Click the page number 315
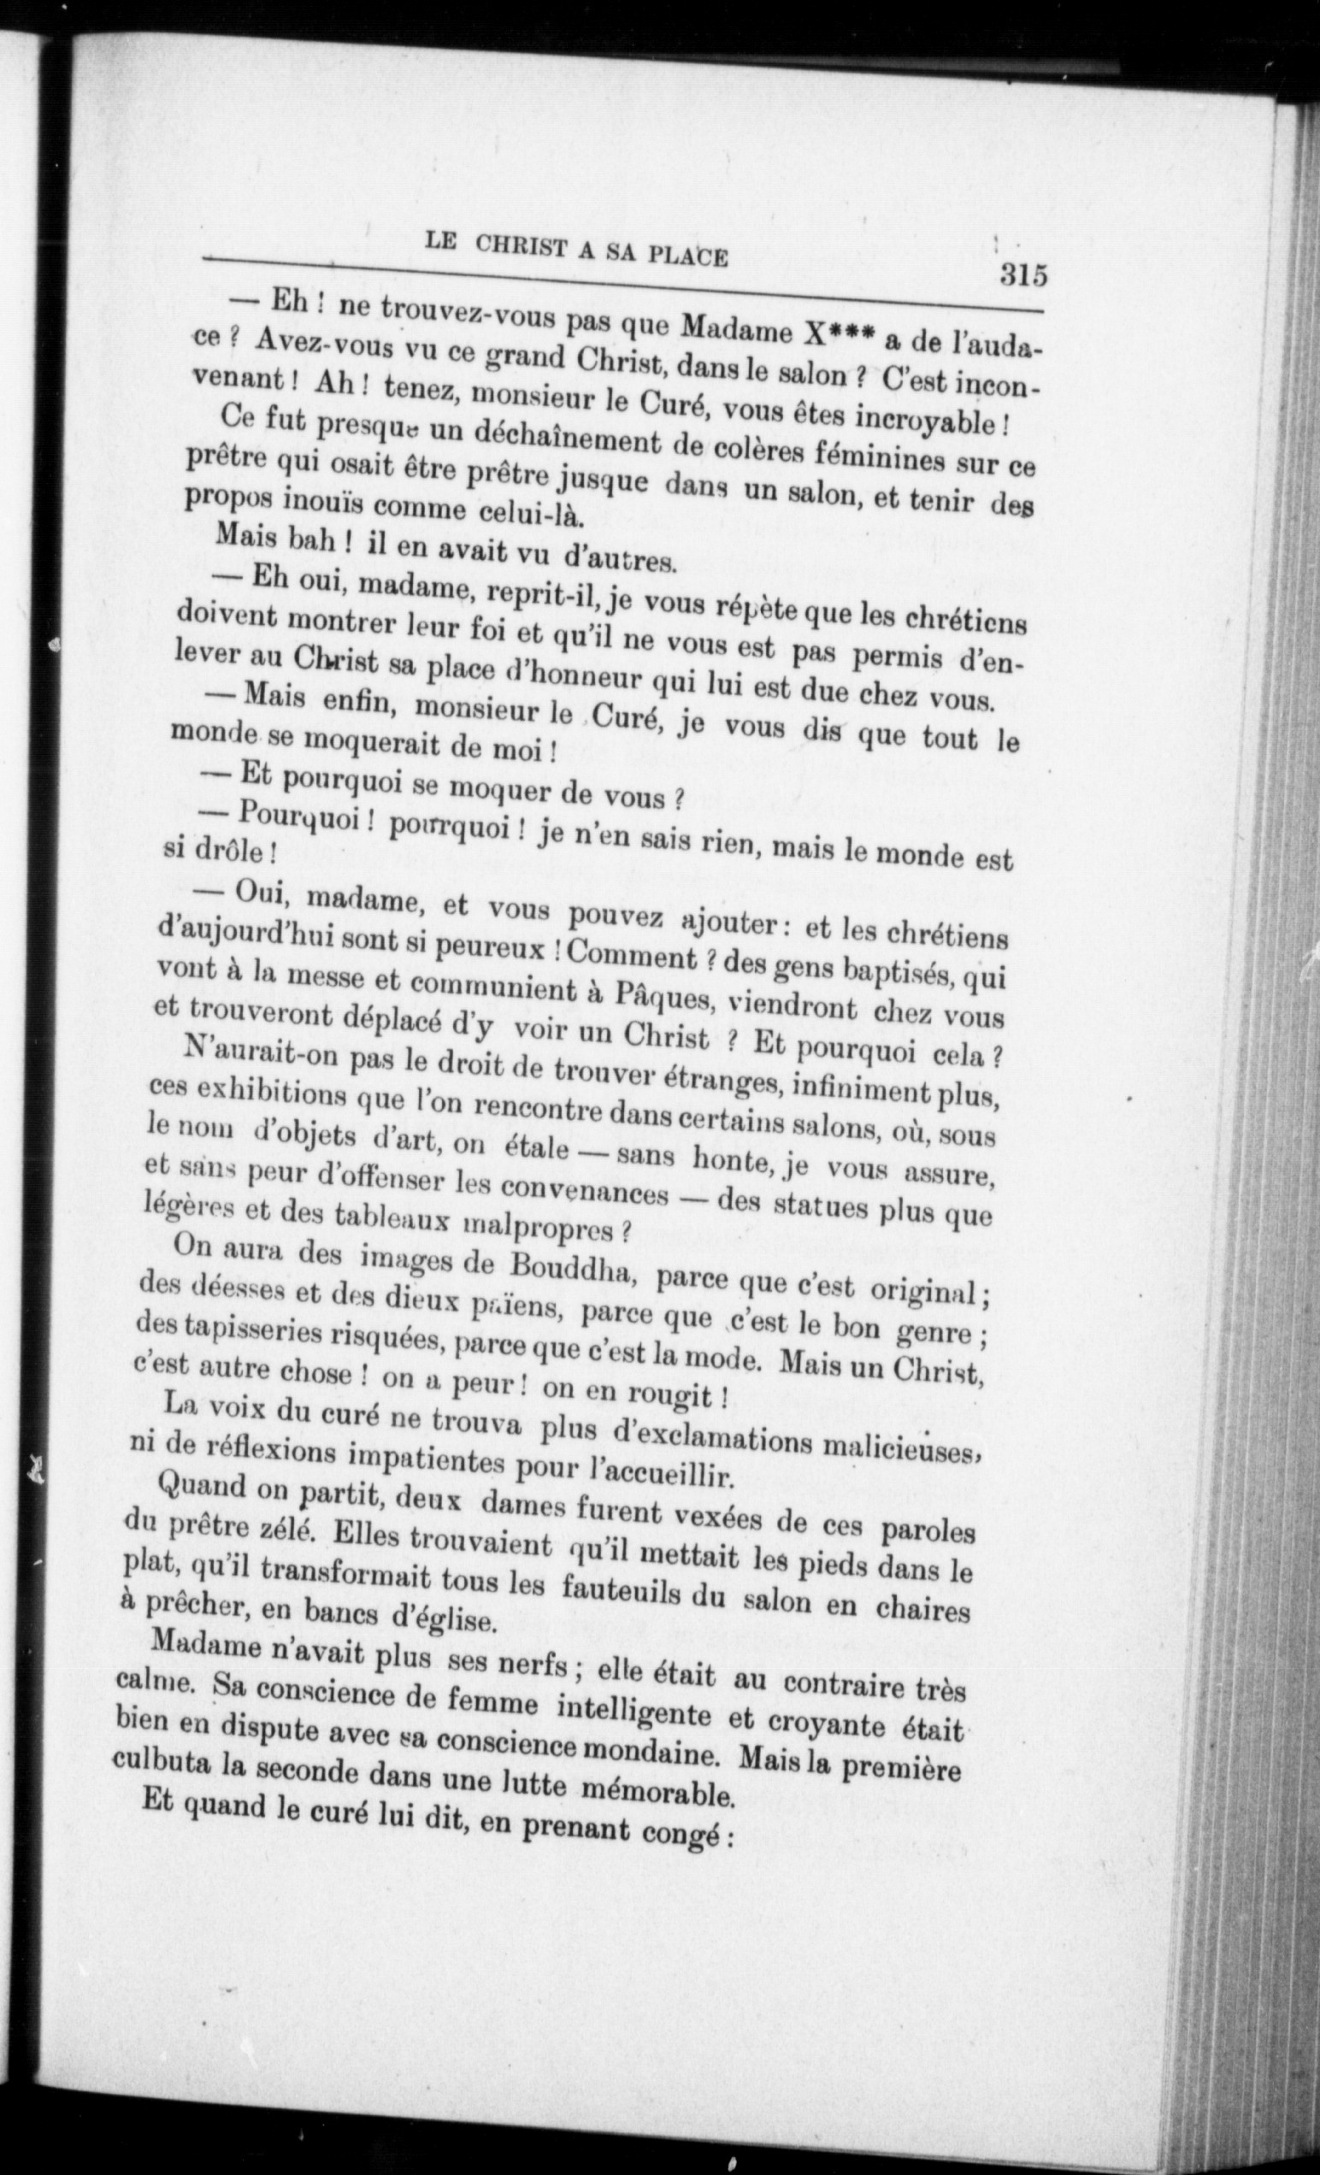(x=1023, y=274)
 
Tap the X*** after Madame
(x=840, y=337)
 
